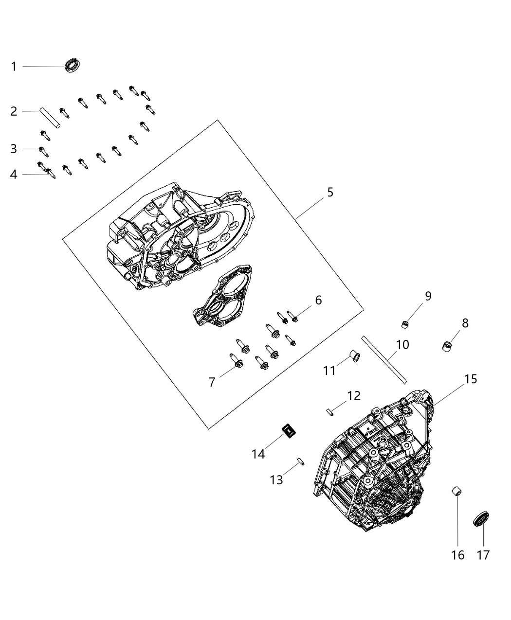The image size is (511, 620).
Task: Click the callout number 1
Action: click(x=14, y=67)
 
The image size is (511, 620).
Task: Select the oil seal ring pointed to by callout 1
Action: click(x=73, y=65)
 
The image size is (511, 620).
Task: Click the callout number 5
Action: click(x=330, y=192)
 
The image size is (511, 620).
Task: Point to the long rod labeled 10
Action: click(x=384, y=360)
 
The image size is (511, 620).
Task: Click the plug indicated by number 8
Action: click(x=447, y=347)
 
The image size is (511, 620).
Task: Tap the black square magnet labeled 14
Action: click(x=289, y=431)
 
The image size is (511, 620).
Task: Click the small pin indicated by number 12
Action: click(x=330, y=412)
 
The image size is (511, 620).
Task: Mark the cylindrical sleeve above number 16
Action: click(x=457, y=491)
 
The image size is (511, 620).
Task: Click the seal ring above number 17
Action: click(x=481, y=519)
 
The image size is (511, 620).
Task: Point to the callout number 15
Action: click(x=471, y=379)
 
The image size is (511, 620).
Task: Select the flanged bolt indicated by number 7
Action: click(x=236, y=361)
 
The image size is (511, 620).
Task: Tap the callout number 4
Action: click(x=14, y=174)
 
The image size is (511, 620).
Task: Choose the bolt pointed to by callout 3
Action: click(x=44, y=152)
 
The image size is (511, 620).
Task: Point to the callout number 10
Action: click(x=403, y=344)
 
